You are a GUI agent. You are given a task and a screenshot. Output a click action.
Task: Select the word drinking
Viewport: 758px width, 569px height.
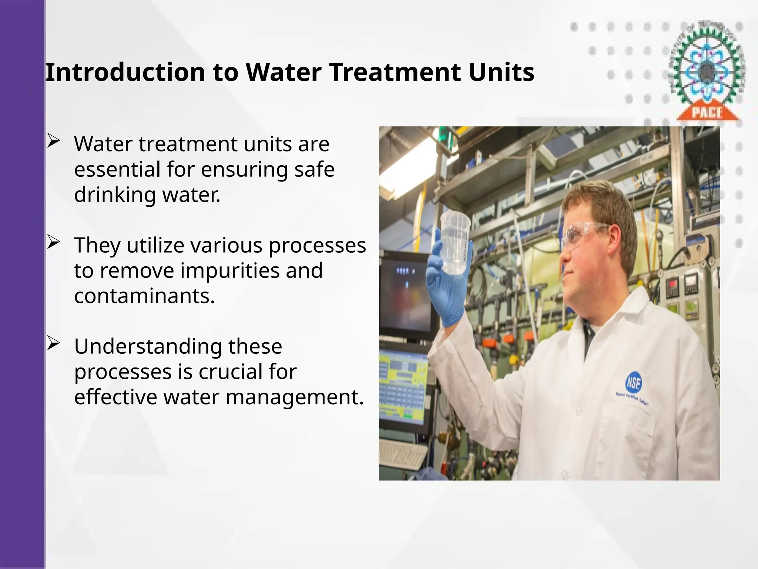(x=115, y=195)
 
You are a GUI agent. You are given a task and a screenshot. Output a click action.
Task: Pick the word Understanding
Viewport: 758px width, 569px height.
(x=148, y=347)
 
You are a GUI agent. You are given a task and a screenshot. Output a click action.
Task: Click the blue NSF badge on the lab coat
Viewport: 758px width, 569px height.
(x=633, y=383)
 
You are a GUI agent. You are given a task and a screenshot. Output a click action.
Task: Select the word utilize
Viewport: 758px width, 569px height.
(x=155, y=245)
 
